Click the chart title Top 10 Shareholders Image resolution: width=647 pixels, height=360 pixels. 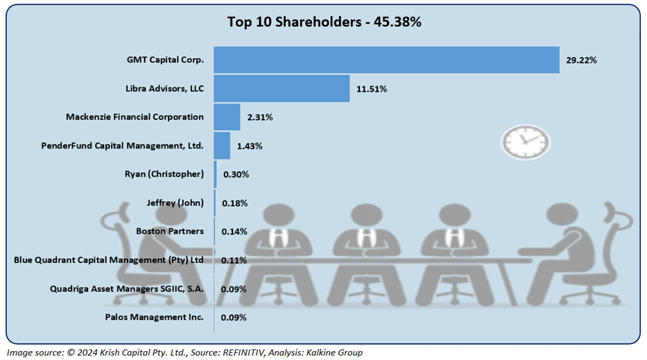pyautogui.click(x=324, y=22)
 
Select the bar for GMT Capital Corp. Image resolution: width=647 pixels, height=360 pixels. pyautogui.click(x=386, y=60)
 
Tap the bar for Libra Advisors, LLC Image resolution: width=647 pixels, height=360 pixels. pyautogui.click(x=282, y=89)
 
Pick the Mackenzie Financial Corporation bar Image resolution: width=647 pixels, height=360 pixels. pyautogui.click(x=227, y=117)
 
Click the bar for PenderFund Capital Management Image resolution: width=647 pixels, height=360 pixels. pyautogui.click(x=222, y=146)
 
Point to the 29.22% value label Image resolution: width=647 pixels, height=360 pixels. pyautogui.click(x=581, y=60)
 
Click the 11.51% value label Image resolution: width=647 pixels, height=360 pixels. pyautogui.click(x=372, y=89)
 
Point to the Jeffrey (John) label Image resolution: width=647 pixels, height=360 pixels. pyautogui.click(x=175, y=203)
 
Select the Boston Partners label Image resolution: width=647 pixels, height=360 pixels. pyautogui.click(x=170, y=231)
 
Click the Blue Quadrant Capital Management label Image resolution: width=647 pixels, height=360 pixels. pyautogui.click(x=109, y=260)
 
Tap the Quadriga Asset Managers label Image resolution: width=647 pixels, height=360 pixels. pyautogui.click(x=127, y=289)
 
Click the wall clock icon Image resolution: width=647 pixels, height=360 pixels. pyautogui.click(x=525, y=141)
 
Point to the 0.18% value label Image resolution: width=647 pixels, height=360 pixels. pyautogui.click(x=234, y=203)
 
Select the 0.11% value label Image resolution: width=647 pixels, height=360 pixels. pyautogui.click(x=234, y=260)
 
